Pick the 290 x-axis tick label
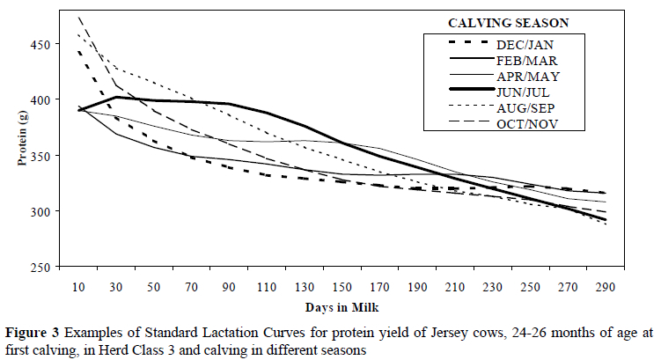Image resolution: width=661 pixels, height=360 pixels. pos(603,287)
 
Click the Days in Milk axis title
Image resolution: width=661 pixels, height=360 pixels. pos(342,305)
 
